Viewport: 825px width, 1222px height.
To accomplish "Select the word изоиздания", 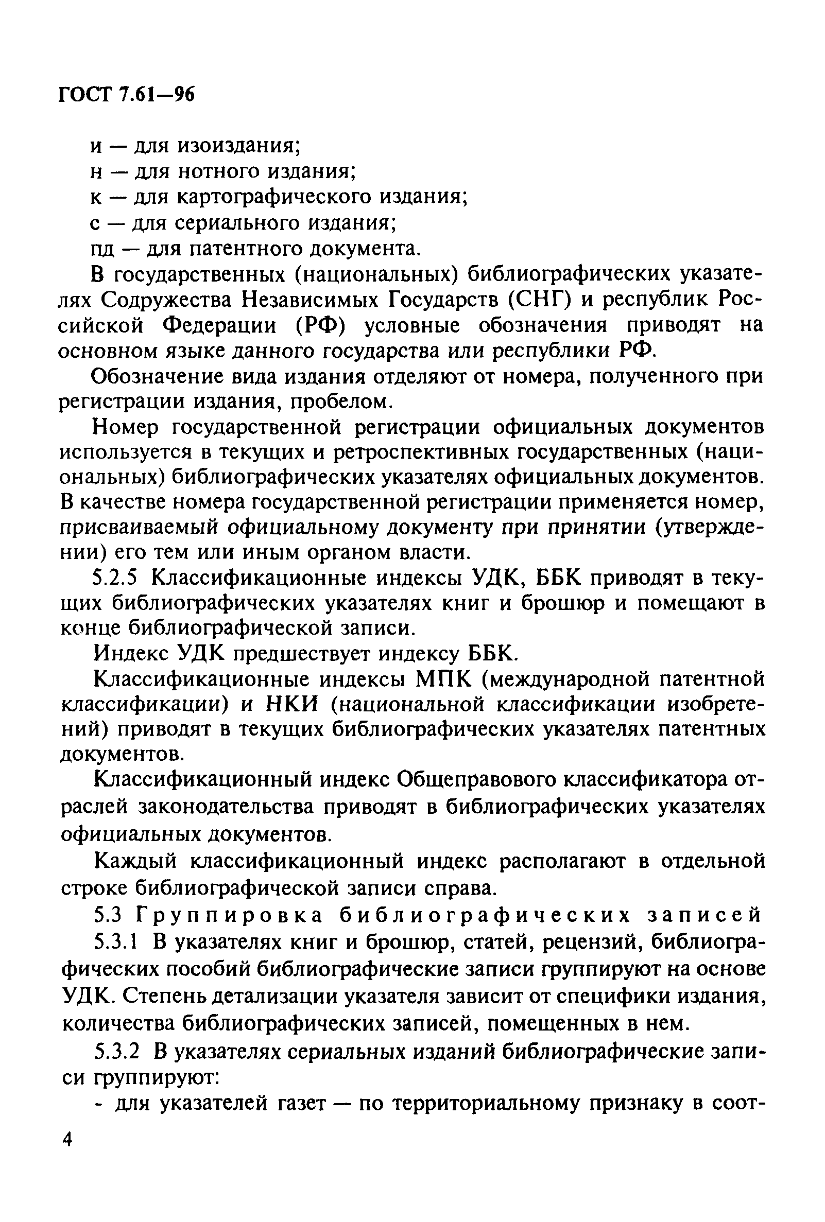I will point(239,146).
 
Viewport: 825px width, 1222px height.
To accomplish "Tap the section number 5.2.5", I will point(115,579).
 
